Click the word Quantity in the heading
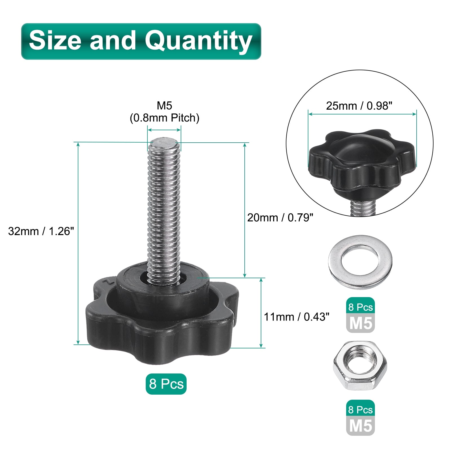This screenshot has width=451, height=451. point(198,41)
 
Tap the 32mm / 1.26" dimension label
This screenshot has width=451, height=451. point(41,231)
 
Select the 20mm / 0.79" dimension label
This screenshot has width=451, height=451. point(280,218)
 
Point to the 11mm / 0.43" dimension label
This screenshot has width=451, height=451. point(297,317)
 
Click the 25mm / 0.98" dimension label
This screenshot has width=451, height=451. point(359,106)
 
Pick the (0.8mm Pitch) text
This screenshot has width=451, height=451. point(165,118)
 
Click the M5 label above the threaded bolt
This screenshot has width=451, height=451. point(165,105)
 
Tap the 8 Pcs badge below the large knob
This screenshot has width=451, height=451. point(166,384)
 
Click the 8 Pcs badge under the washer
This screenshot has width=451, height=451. point(361,307)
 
